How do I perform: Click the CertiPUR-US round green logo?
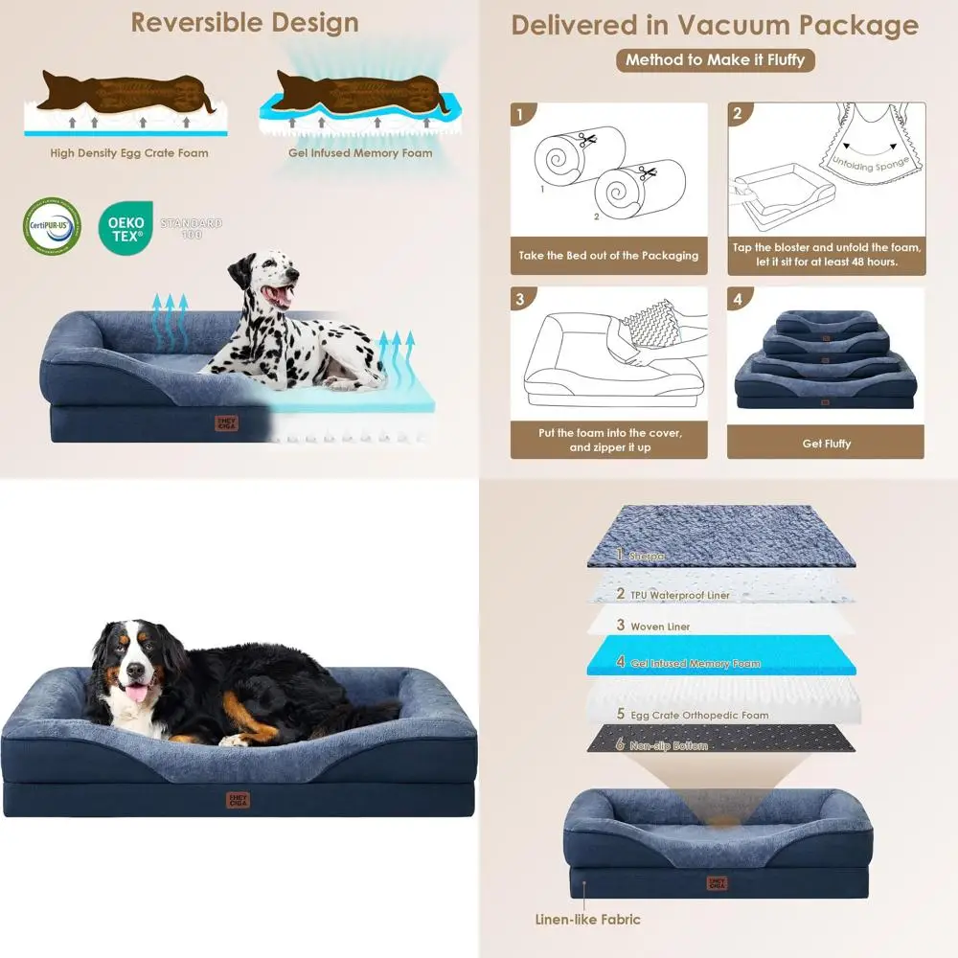[x=52, y=226]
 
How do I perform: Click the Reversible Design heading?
[x=244, y=23]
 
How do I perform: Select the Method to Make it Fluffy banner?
[x=715, y=59]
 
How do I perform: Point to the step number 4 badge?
[x=737, y=300]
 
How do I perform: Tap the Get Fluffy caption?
[x=826, y=444]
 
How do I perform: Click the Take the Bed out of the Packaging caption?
[x=608, y=256]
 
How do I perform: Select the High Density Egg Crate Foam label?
[x=129, y=153]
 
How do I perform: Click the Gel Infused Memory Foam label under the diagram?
[x=360, y=153]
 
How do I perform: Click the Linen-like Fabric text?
[x=587, y=920]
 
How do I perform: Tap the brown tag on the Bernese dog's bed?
[x=238, y=798]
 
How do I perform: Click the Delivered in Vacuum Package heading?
[x=714, y=26]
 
